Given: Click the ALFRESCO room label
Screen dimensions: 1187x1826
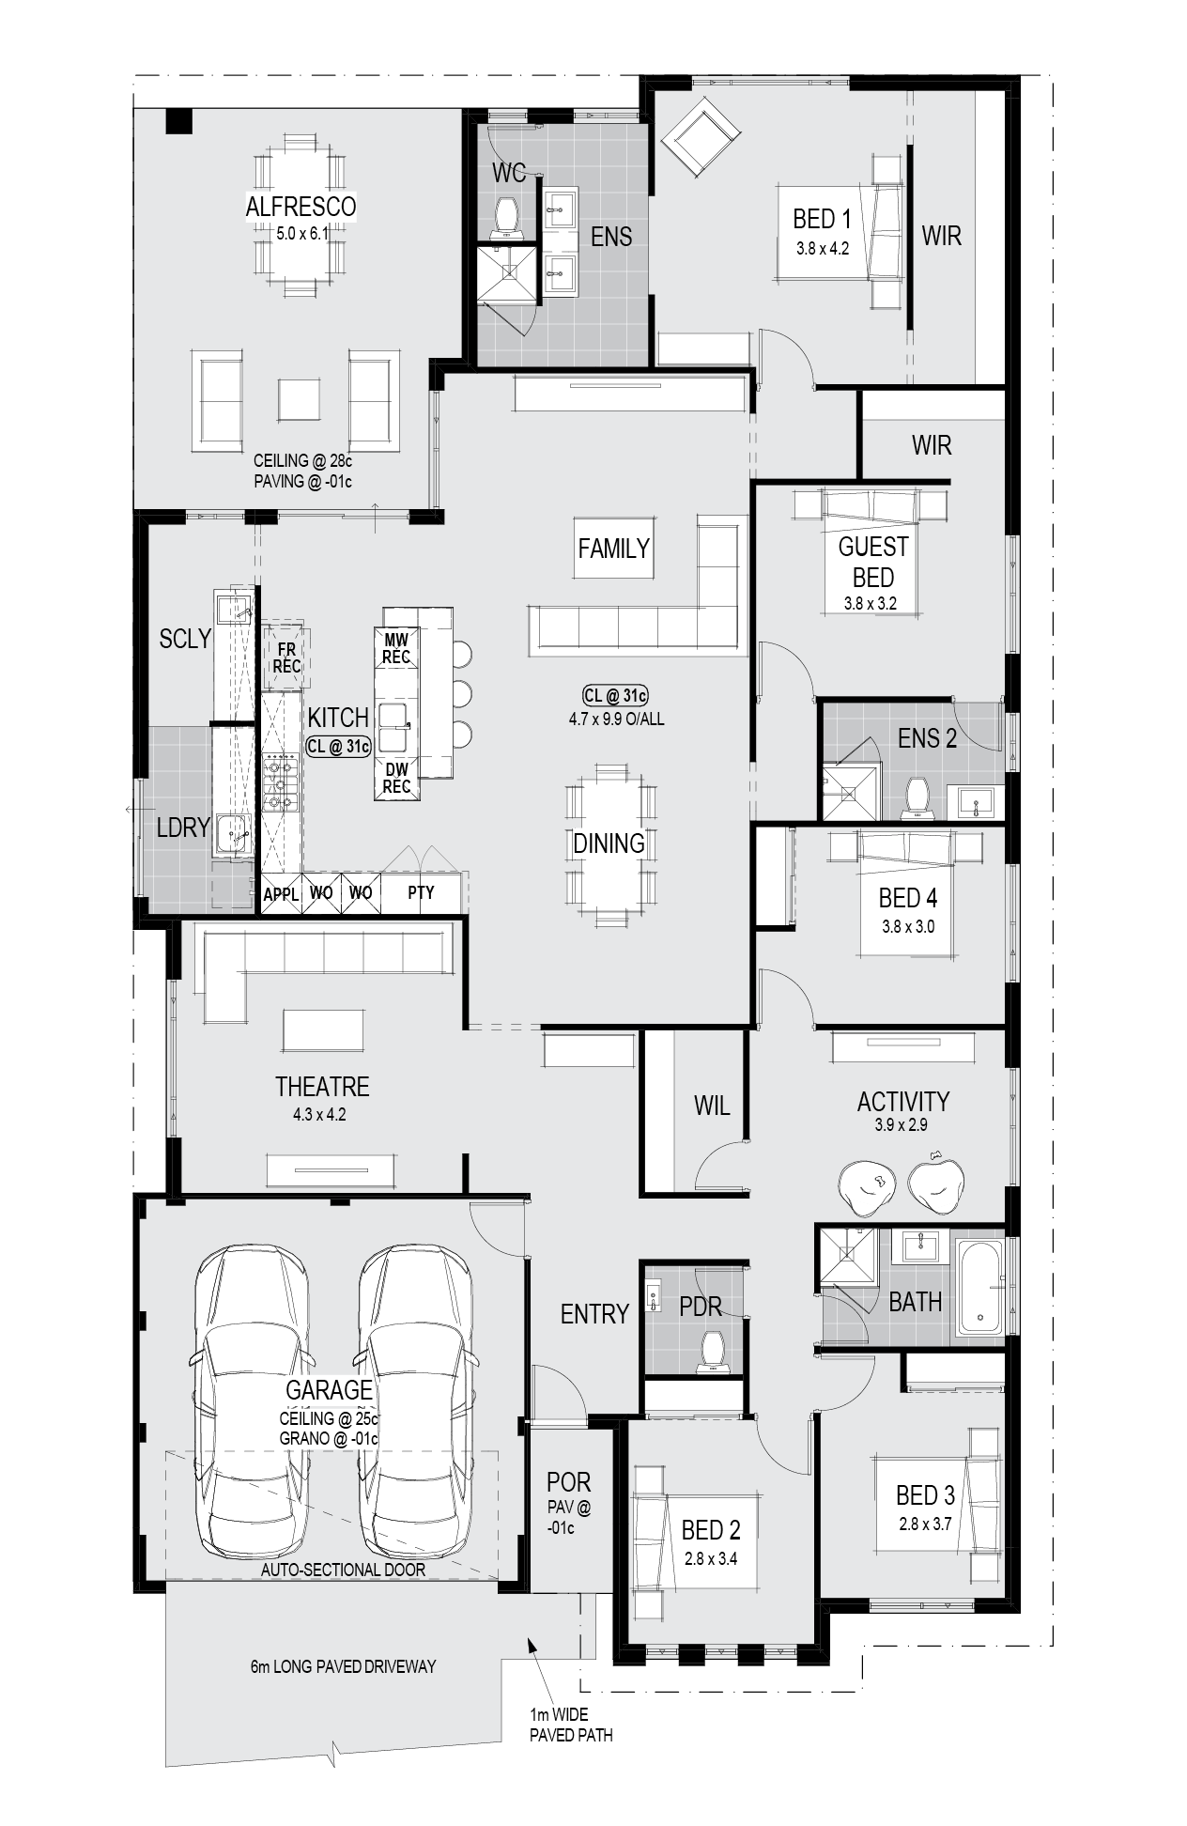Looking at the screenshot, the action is point(301,207).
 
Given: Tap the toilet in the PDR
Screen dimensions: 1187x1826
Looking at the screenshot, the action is point(714,1352).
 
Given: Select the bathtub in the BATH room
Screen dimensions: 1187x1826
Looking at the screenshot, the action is point(979,1286).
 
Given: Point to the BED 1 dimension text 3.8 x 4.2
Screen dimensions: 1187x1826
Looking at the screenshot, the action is point(823,249).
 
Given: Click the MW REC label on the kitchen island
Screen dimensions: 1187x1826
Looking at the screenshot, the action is point(396,648).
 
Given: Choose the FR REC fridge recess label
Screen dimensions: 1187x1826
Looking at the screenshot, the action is point(286,658).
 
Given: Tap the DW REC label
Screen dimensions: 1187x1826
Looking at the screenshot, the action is point(396,778).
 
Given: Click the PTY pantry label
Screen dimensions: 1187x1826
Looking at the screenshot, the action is point(422,892).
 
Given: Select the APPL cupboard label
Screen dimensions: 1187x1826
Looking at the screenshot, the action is point(281,894).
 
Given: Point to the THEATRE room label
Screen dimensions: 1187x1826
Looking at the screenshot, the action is point(322,1087).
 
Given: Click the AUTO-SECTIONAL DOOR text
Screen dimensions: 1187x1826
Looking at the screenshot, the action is point(343,1570).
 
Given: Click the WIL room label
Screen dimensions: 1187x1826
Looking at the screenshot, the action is point(712,1106).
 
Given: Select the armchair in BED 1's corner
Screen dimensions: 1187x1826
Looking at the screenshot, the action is point(700,138).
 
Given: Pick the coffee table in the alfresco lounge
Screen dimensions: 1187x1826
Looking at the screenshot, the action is point(299,399).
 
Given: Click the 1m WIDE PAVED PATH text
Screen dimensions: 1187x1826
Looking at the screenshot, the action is point(571,1725).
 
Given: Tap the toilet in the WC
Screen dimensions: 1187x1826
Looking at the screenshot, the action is point(509,216).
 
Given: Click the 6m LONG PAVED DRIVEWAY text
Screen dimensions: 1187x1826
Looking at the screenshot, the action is point(343,1666).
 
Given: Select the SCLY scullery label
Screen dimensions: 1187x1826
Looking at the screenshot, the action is point(185,639).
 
